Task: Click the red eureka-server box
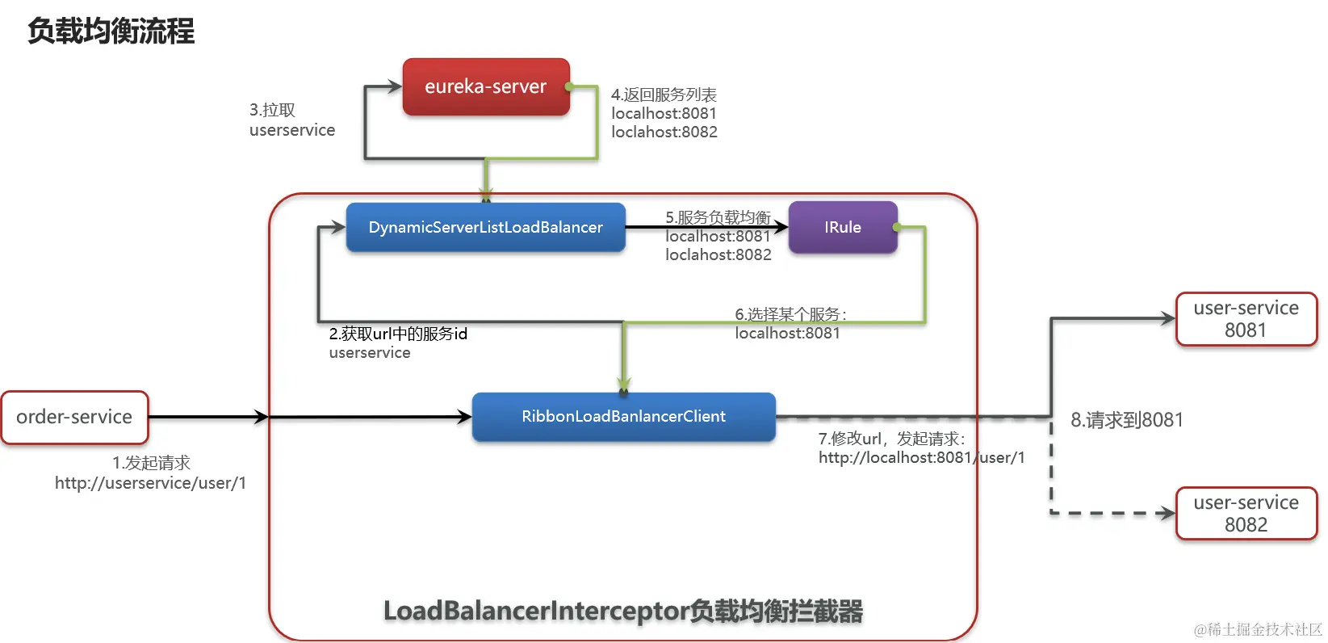pos(486,86)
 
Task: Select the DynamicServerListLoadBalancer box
pos(485,227)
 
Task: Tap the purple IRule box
pos(842,227)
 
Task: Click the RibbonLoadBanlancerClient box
pos(623,416)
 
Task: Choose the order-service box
pos(74,417)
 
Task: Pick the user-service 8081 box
pos(1246,319)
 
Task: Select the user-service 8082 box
pos(1246,514)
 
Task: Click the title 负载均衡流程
pos(111,31)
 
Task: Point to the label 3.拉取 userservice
pos(291,120)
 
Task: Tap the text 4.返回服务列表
pos(664,95)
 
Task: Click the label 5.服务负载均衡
pos(718,217)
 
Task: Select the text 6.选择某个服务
pos(790,314)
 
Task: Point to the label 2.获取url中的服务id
pos(398,334)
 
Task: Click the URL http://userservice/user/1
pos(150,483)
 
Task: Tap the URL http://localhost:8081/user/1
pos(921,457)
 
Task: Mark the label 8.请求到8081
pos(1126,420)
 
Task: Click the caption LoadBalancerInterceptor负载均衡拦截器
pos(623,611)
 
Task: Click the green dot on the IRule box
pos(897,228)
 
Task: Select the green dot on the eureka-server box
pos(569,86)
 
